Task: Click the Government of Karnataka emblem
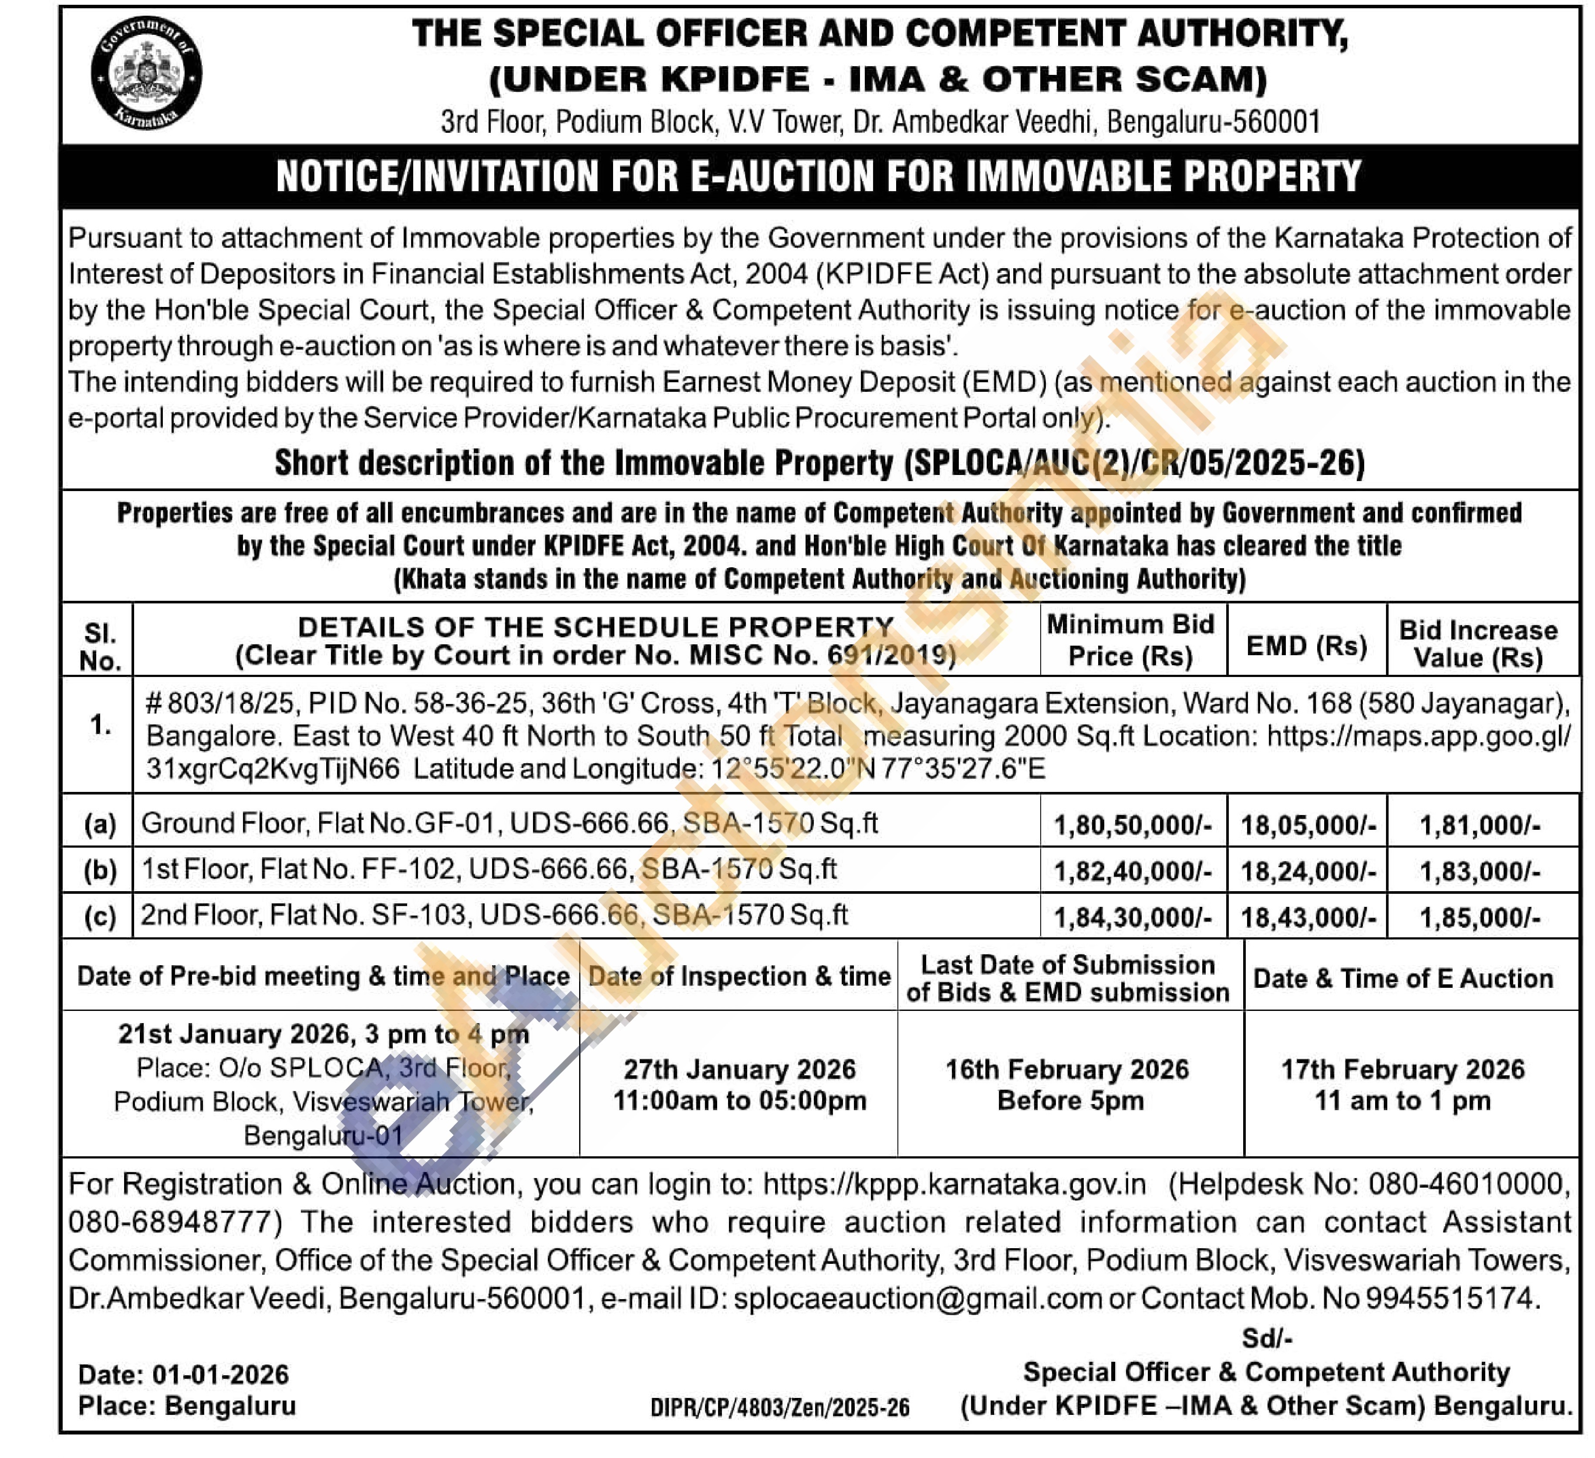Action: point(146,73)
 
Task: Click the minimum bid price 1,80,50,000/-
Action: point(1132,825)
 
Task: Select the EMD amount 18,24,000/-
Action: point(1308,871)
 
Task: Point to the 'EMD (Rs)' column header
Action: point(1307,646)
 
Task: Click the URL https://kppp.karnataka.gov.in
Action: point(954,1184)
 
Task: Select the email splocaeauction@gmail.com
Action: point(918,1298)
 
